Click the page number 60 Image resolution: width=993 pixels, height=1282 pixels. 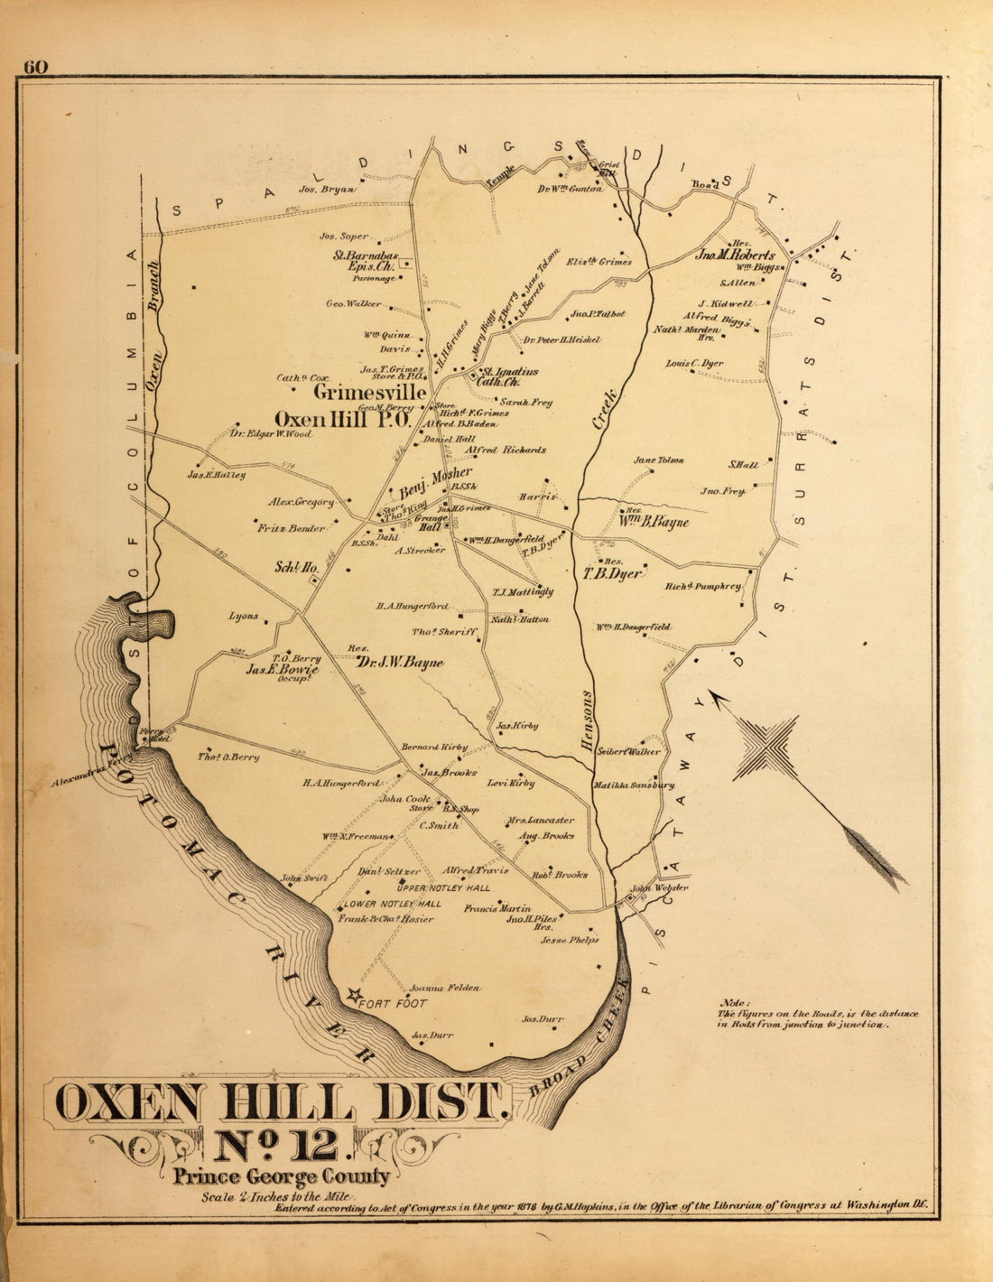pos(36,67)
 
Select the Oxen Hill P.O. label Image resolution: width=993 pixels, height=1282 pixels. pos(342,420)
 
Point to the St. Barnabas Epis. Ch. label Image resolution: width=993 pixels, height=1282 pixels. pos(366,261)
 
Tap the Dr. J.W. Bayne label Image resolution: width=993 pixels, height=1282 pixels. pos(399,663)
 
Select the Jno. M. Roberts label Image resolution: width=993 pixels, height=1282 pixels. pos(735,255)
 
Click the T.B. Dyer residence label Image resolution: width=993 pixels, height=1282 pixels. pos(612,573)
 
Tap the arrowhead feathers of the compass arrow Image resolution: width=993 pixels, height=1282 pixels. pos(880,859)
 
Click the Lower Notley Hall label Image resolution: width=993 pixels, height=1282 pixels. pos(392,904)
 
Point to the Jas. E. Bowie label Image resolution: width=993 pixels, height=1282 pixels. pos(283,670)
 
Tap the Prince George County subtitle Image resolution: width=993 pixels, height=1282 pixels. pos(282,1176)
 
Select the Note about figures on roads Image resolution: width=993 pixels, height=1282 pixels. pos(817,1014)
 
